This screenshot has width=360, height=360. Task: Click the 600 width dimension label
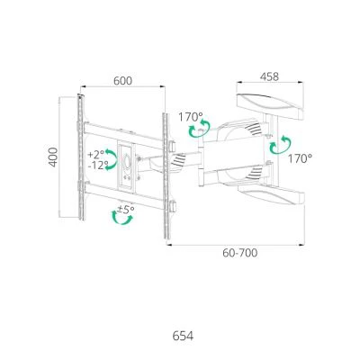pos(122,81)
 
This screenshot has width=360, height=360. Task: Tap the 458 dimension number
pos(269,76)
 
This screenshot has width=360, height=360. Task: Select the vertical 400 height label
pos(53,157)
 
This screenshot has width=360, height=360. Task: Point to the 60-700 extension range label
pos(240,253)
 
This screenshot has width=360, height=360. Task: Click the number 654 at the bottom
pos(183,336)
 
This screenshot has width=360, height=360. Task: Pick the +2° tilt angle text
pos(96,155)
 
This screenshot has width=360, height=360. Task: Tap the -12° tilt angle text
pos(98,166)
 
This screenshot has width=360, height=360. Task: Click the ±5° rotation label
pos(126,209)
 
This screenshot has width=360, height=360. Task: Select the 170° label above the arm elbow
pos(191,117)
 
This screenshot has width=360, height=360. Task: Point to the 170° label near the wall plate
pos(301,158)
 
